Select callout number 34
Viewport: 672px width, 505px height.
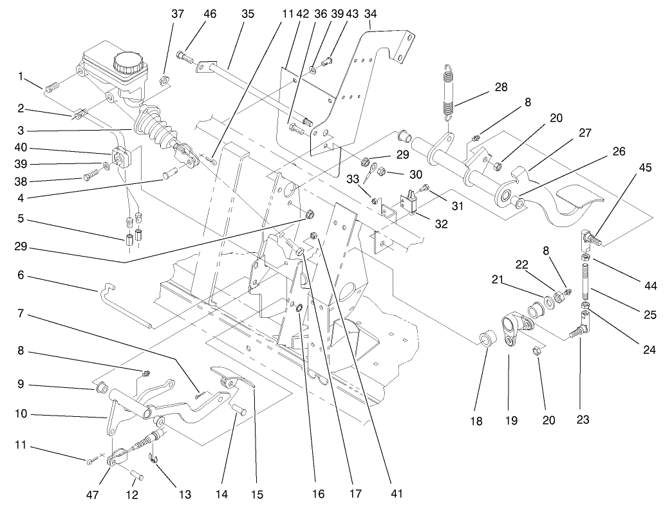click(371, 14)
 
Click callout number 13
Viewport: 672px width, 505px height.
click(185, 495)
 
